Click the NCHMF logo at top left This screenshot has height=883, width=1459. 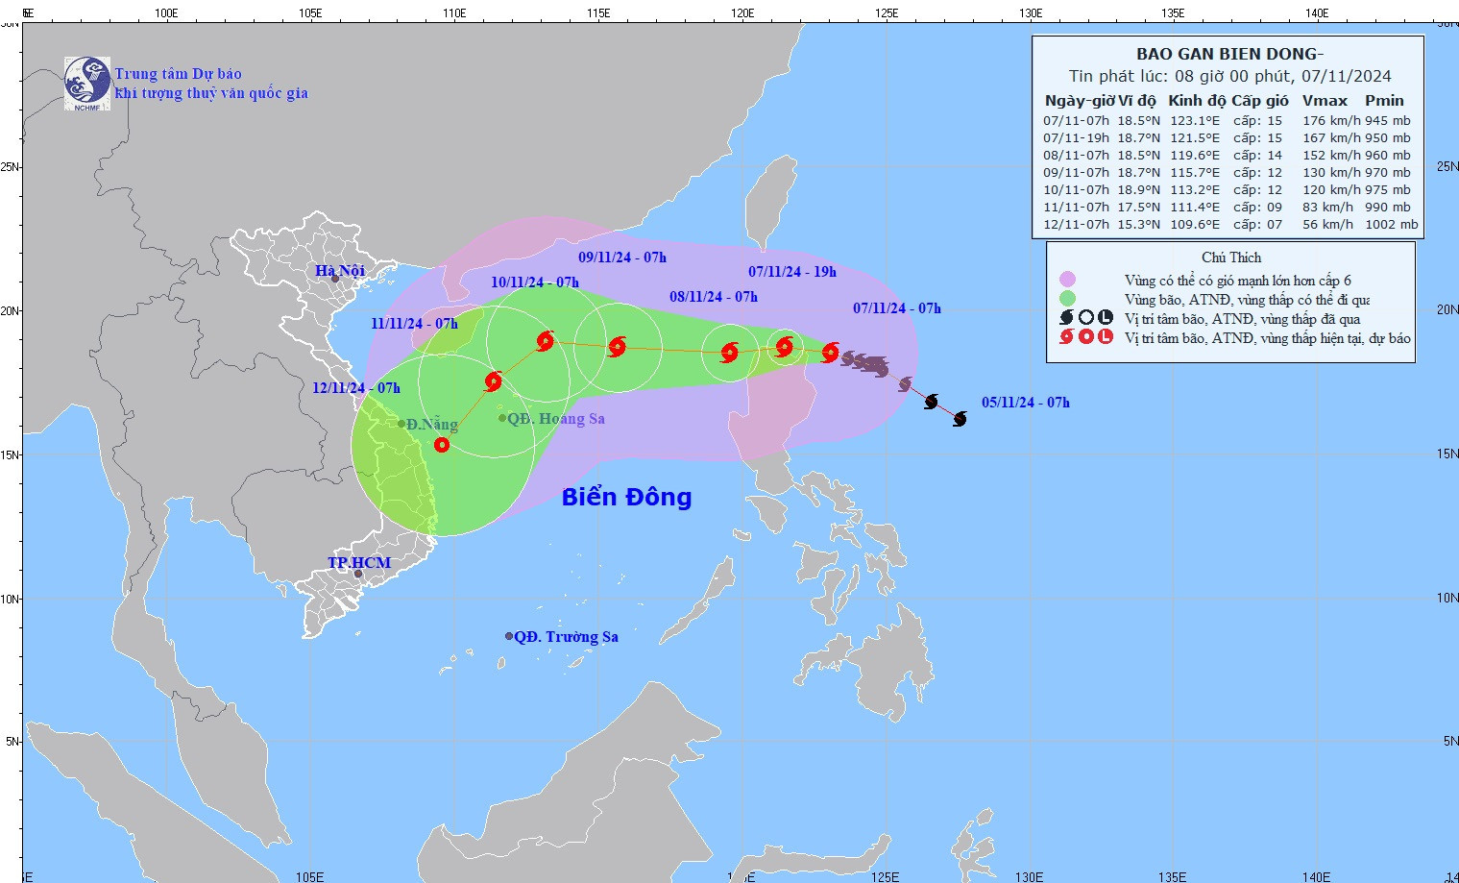(x=86, y=83)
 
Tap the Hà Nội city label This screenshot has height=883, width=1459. (x=340, y=270)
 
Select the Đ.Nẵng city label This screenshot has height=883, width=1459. (x=430, y=425)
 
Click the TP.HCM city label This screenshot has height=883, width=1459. (x=359, y=562)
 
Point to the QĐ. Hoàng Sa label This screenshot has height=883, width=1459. (x=555, y=419)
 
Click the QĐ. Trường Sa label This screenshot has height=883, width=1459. (x=566, y=637)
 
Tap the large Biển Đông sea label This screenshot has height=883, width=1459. (x=626, y=497)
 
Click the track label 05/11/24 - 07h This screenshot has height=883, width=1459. (x=1025, y=403)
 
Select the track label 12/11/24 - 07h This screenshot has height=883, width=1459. (x=356, y=388)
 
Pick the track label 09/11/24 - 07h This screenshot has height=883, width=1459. (x=621, y=258)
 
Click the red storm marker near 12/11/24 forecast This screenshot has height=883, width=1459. (x=442, y=445)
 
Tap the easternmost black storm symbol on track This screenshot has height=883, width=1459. (x=960, y=419)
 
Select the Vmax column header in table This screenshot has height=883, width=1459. (x=1325, y=101)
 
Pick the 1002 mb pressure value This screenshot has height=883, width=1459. (x=1391, y=225)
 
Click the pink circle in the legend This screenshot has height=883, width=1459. (x=1067, y=280)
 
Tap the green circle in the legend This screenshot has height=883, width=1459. (x=1067, y=299)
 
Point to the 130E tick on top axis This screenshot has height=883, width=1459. (x=1030, y=13)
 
